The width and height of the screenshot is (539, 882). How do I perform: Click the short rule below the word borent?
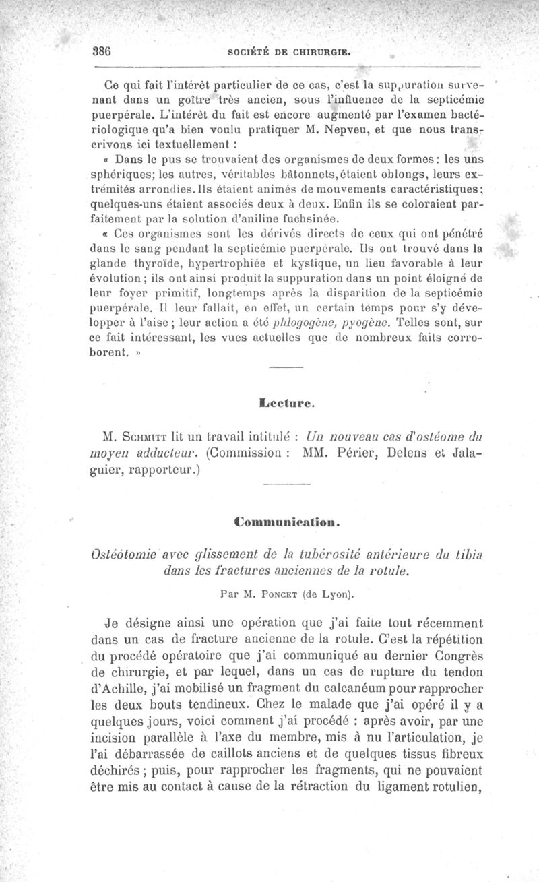[x=287, y=368]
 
